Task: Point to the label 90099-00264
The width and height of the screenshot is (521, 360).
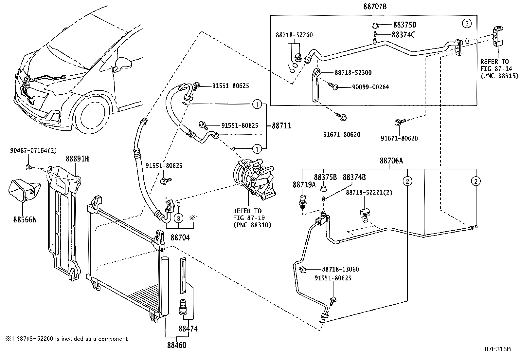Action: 370,87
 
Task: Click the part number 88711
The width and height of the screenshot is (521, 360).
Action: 281,126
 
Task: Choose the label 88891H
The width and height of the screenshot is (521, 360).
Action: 78,159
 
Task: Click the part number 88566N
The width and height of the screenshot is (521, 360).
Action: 25,219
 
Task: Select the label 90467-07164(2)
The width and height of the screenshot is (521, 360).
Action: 33,151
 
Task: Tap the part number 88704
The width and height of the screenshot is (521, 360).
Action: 180,237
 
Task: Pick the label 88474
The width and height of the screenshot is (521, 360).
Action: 188,328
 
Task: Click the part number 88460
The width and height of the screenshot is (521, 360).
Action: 177,345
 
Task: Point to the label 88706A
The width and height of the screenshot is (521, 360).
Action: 391,161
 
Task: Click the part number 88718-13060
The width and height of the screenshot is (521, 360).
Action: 340,269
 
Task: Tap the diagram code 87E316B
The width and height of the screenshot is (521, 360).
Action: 497,349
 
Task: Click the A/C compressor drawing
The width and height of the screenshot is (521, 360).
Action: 254,180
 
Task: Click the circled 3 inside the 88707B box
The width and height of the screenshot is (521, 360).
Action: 467,23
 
